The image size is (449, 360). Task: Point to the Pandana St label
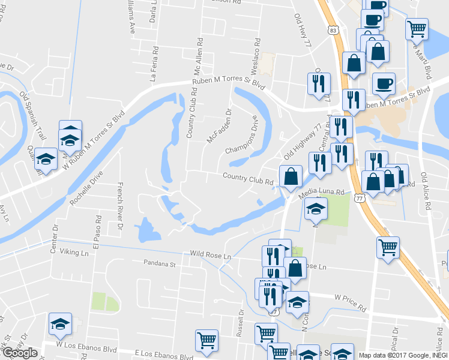coord(158,263)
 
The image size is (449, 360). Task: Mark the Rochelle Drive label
coord(86,189)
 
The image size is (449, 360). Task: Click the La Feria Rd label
coord(155,64)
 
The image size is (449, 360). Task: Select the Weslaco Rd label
coord(256,54)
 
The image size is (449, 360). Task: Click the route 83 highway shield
coord(333,29)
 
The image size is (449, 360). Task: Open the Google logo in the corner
coord(19,353)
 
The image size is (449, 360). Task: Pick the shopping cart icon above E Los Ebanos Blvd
coord(206,340)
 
